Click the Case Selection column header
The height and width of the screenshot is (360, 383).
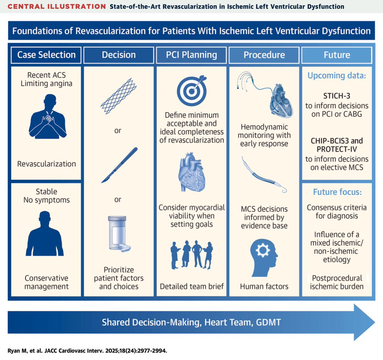46,55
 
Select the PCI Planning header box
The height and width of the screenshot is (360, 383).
191,55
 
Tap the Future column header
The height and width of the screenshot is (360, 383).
337,55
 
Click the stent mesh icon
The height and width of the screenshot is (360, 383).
119,96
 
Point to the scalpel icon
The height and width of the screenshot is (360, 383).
119,165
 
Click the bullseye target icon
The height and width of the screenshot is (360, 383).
192,90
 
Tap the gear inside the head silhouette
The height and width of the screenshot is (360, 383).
263,250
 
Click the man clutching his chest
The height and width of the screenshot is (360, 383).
48,116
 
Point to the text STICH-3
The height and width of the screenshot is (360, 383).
337,96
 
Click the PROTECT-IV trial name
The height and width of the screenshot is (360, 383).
337,149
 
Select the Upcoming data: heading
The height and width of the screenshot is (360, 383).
337,75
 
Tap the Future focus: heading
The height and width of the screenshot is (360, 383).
337,192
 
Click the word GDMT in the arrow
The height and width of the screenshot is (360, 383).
268,322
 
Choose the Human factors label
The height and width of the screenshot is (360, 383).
264,287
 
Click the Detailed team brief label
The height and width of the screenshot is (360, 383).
192,287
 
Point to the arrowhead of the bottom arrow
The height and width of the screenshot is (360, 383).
375,322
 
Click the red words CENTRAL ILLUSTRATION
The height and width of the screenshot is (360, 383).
57,7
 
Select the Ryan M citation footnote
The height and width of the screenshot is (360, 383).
87,351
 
